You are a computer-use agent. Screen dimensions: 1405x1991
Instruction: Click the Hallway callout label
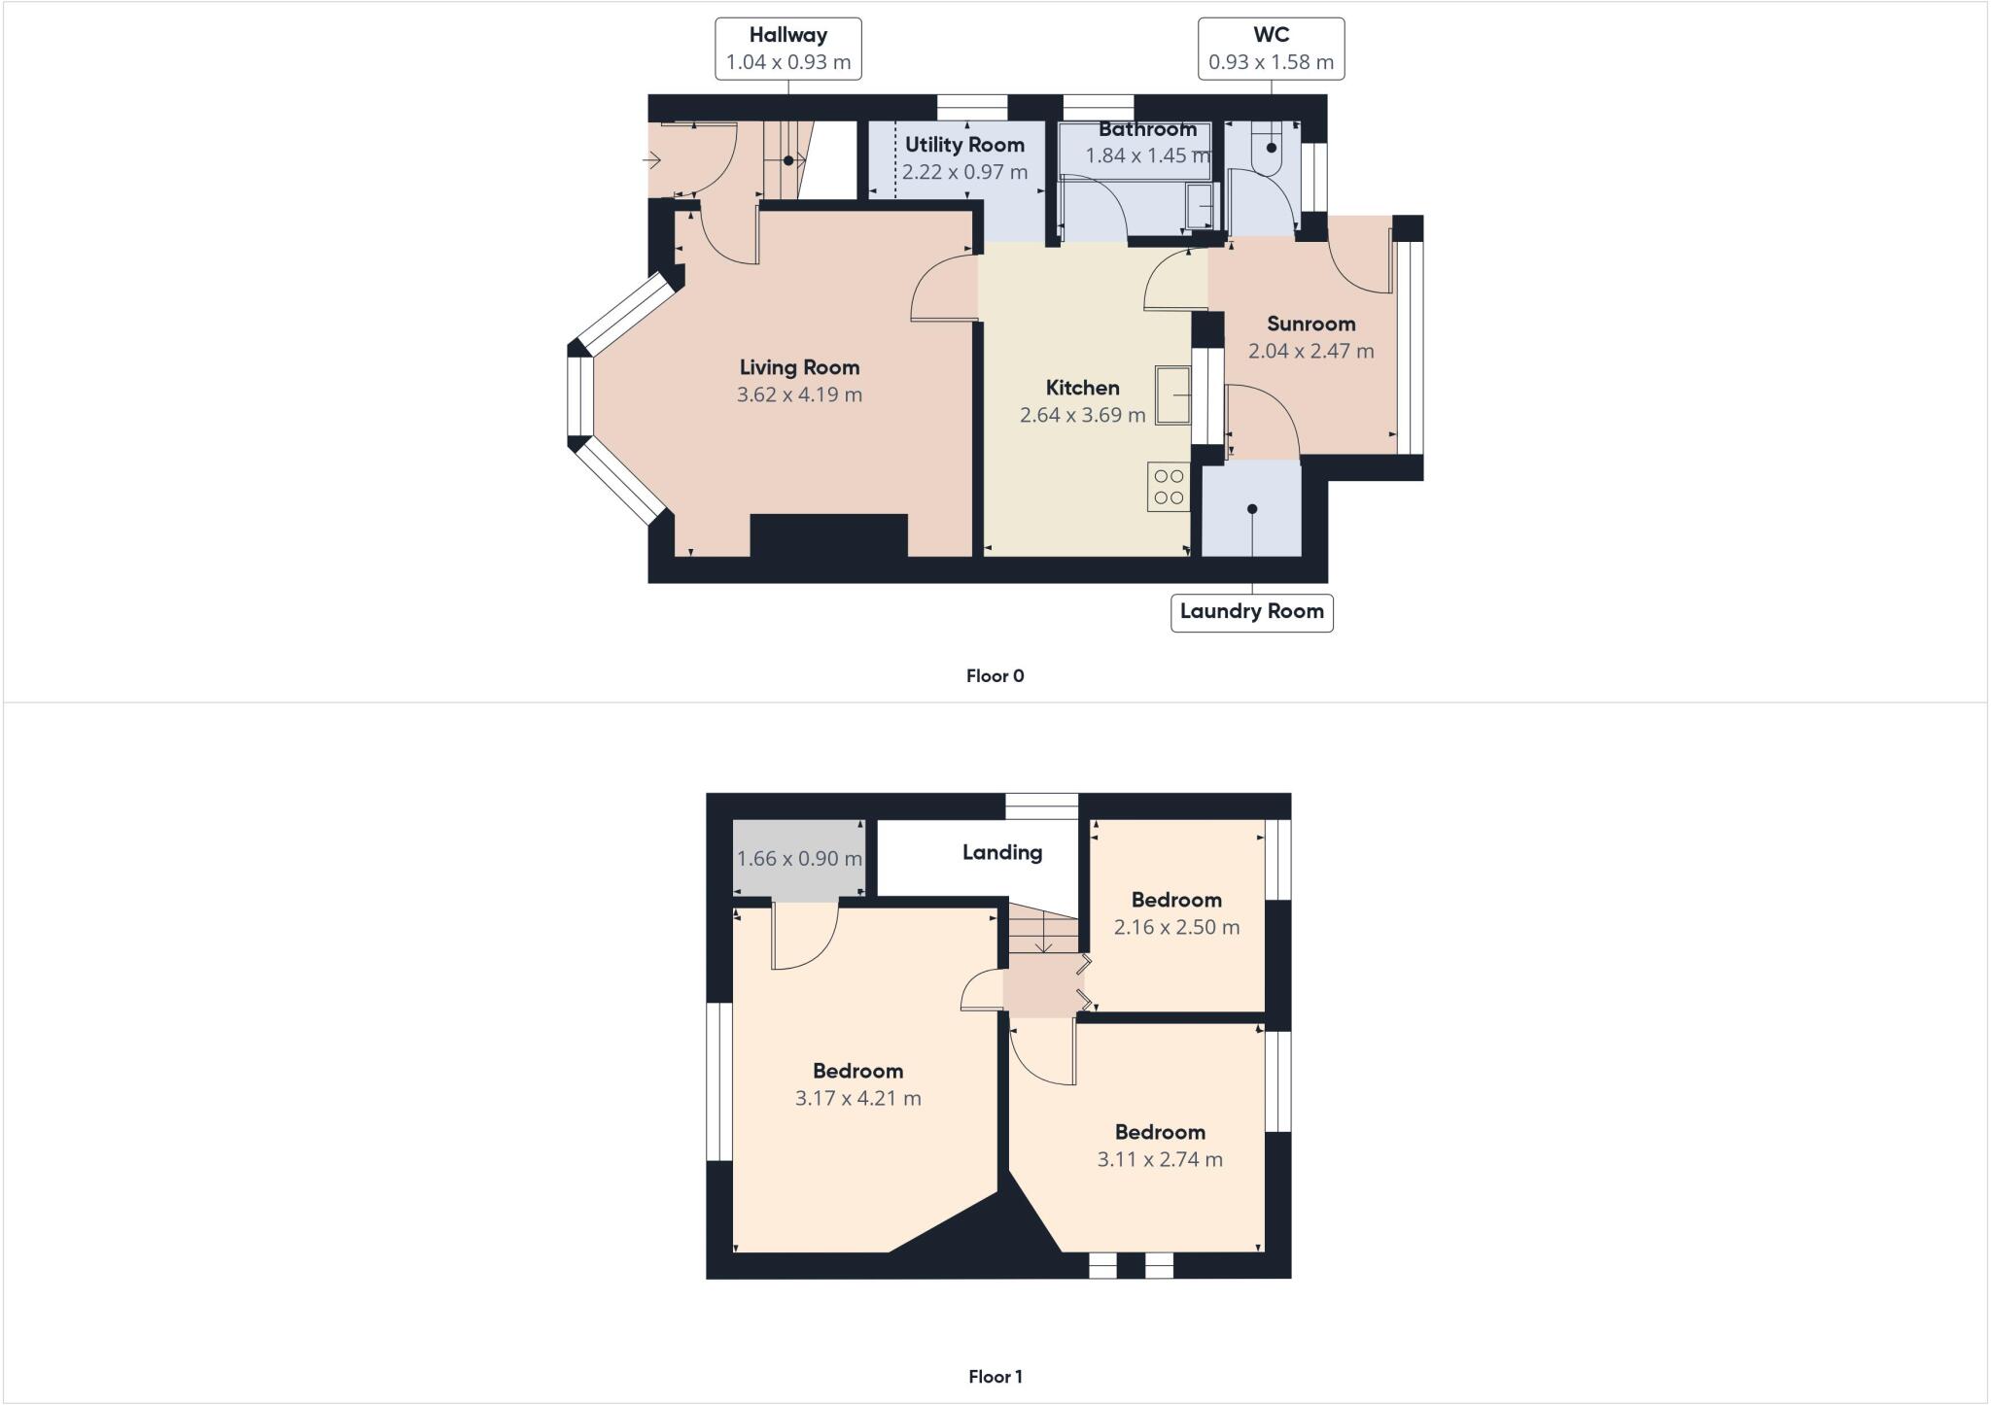tap(787, 49)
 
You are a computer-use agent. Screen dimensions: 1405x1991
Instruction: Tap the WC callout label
tap(1271, 49)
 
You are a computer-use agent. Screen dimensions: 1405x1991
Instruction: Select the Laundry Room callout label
tap(1251, 612)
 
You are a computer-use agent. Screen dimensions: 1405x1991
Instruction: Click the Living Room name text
tap(799, 367)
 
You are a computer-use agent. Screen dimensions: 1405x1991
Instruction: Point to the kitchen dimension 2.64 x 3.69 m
tap(1082, 415)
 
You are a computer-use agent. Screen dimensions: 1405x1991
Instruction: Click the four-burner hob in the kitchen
tap(1169, 487)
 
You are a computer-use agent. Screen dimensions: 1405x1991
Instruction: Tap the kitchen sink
tap(1173, 394)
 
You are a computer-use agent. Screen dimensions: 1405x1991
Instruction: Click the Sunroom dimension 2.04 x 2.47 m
tap(1310, 351)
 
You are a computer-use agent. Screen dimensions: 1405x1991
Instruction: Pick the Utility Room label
tap(964, 145)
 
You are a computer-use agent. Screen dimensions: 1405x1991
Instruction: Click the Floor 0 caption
tap(995, 676)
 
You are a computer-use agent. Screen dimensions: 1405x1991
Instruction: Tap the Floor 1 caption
tap(995, 1377)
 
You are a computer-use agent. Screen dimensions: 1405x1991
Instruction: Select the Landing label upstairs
tap(1002, 852)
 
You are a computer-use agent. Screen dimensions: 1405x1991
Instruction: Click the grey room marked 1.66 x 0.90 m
tap(799, 859)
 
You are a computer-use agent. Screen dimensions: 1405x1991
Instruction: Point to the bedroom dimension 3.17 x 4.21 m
tap(857, 1098)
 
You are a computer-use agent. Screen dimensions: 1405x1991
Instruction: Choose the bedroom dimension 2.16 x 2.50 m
tap(1176, 927)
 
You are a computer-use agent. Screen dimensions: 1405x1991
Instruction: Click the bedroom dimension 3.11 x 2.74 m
tap(1160, 1159)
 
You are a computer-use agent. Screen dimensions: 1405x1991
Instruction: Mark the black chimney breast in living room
tap(828, 536)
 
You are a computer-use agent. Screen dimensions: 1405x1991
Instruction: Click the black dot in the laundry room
tap(1252, 509)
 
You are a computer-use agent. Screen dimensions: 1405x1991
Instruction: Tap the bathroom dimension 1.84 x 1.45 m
tap(1147, 155)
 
